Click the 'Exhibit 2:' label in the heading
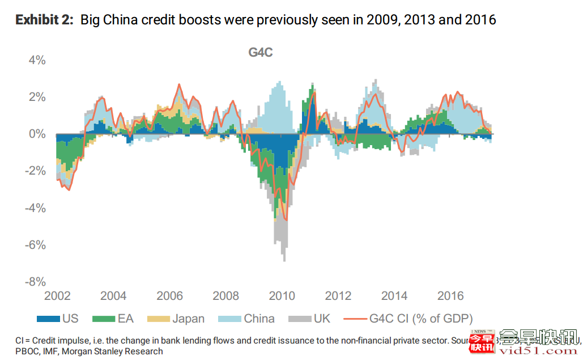click(45, 20)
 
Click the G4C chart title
click(261, 53)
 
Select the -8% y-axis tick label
click(34, 282)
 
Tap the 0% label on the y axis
click(37, 134)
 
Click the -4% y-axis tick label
click(34, 208)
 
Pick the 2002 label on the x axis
click(57, 296)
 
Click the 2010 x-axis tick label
click(282, 296)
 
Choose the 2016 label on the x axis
click(451, 296)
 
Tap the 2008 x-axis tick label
click(225, 296)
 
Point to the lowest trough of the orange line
click(286, 220)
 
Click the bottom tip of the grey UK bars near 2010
click(284, 261)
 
